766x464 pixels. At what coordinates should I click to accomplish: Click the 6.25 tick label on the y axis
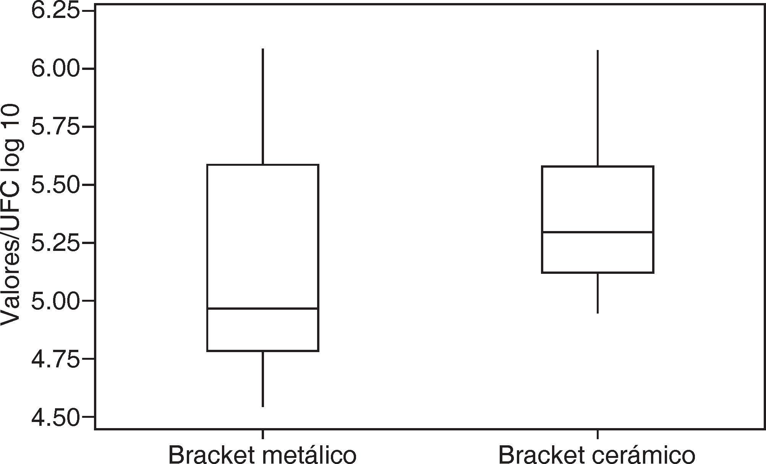(55, 11)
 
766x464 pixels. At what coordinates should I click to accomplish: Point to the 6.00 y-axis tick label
(55, 69)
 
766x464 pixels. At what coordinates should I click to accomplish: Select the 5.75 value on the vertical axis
(55, 127)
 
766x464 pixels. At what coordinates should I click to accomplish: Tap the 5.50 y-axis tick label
(55, 185)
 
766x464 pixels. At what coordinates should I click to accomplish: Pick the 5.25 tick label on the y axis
(55, 243)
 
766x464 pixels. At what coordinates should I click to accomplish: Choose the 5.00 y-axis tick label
(55, 301)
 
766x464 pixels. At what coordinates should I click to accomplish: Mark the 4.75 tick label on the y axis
(55, 359)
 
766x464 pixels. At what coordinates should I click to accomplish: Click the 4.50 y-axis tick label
(55, 417)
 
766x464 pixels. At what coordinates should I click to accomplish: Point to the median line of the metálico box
(263, 308)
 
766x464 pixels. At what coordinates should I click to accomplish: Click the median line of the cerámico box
(598, 232)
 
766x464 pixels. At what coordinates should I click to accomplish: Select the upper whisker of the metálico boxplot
(263, 107)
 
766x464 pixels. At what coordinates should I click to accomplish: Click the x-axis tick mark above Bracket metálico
(263, 434)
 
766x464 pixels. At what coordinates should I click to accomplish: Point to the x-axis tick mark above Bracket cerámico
(598, 434)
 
